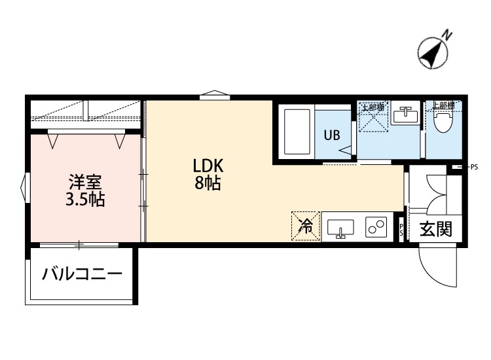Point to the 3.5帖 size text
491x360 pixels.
85,200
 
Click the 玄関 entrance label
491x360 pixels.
436,230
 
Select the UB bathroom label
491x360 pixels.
332,135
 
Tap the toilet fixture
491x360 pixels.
443,121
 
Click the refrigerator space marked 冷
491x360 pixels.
306,226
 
